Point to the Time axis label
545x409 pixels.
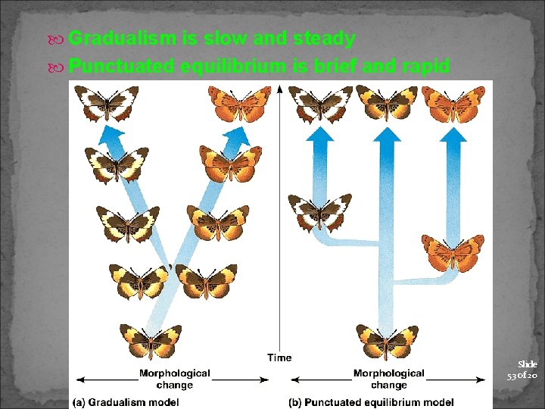click(x=279, y=357)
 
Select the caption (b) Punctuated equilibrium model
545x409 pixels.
click(x=371, y=401)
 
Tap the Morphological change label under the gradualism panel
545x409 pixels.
click(x=175, y=379)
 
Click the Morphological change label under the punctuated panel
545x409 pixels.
click(x=389, y=379)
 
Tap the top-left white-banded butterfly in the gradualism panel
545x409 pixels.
click(x=107, y=104)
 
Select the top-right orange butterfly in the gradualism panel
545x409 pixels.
click(x=240, y=104)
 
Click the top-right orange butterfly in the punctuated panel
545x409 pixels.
click(x=453, y=103)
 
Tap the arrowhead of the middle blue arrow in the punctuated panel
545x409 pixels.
click(x=387, y=135)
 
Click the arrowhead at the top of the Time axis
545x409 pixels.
click(x=279, y=88)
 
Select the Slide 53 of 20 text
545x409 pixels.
click(x=522, y=370)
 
